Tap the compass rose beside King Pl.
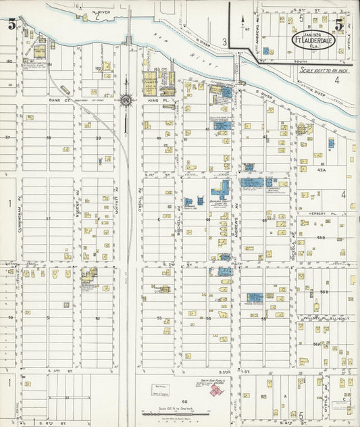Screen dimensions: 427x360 (x=126, y=100)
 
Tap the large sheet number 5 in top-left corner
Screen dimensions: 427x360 (x=11, y=25)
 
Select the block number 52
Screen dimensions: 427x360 (x=97, y=318)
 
